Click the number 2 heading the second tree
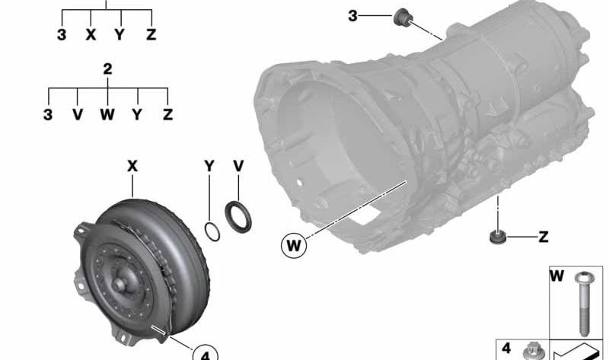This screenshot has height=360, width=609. [107, 68]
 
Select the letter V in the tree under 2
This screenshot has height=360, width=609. [77, 114]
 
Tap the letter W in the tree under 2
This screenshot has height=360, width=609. [107, 114]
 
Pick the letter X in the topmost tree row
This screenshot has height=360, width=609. [91, 35]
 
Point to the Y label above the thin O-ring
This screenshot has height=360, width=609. [209, 165]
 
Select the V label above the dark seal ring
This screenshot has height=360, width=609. [238, 165]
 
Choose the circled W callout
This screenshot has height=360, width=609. [292, 246]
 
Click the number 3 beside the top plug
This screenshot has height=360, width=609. [352, 15]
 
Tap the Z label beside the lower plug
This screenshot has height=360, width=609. [543, 237]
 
